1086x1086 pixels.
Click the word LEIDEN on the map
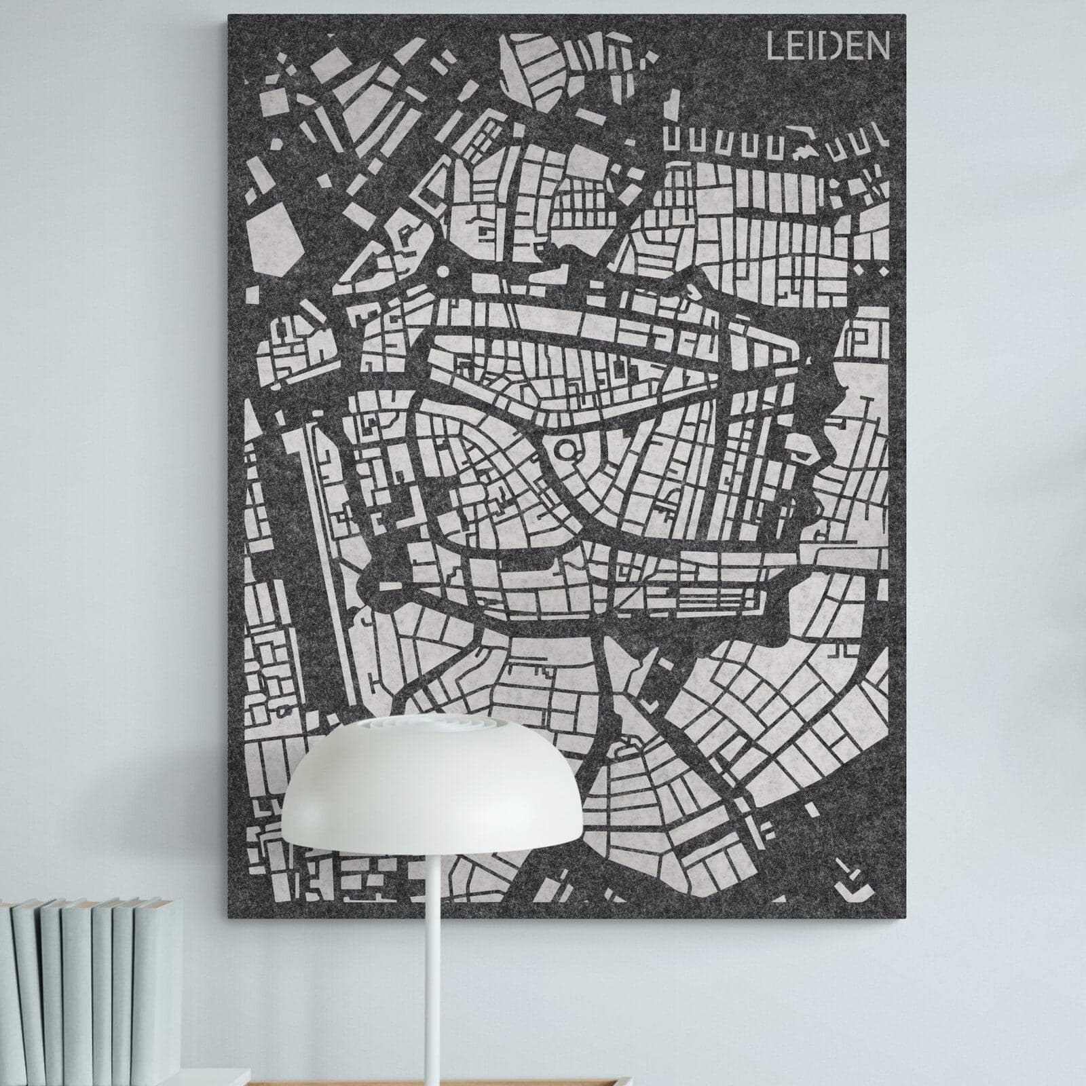pos(827,47)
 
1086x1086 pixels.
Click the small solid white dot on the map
pos(443,271)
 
